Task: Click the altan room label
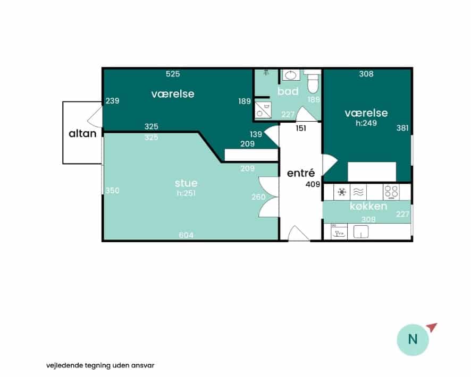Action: [82, 133]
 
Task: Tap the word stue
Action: [186, 183]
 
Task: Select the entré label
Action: [301, 173]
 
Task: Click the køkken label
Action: [368, 206]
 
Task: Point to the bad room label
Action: [288, 91]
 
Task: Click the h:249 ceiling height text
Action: [366, 123]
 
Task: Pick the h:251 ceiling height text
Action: [186, 193]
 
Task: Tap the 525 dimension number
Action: [173, 74]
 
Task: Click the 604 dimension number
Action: [186, 235]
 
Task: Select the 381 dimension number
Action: [402, 128]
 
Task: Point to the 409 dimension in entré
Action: [313, 184]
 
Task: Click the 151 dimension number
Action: [301, 128]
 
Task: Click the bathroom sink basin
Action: [290, 75]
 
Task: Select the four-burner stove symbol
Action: [391, 192]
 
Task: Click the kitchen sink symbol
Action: [361, 232]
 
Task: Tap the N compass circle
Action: [413, 340]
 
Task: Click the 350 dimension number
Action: [112, 191]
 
